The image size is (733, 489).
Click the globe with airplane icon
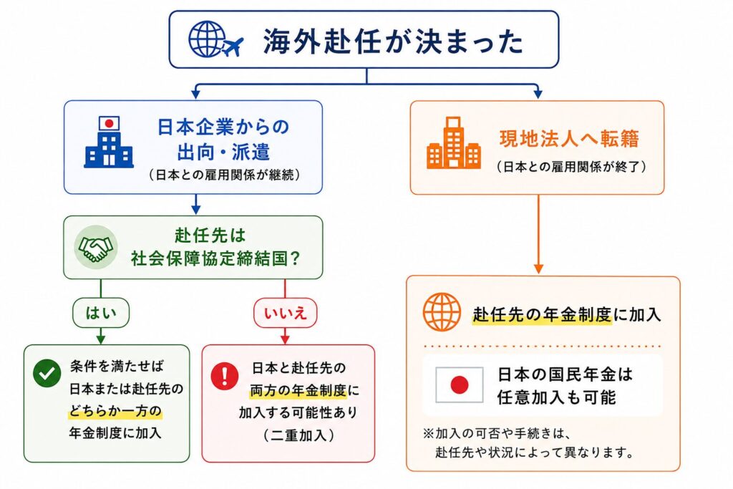tap(215, 39)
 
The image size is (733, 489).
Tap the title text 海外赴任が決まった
tap(393, 41)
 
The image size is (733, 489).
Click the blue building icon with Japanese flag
tap(109, 142)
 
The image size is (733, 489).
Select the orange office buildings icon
tap(453, 142)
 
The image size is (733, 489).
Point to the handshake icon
tap(96, 247)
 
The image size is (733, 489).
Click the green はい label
tap(101, 312)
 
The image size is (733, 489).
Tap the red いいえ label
tap(285, 312)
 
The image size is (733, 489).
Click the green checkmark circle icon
tap(47, 373)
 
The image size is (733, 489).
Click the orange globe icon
tap(442, 312)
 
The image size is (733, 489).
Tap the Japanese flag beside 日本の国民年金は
tap(459, 384)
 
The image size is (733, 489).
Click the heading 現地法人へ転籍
tap(569, 139)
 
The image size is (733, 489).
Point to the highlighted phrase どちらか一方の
tap(115, 411)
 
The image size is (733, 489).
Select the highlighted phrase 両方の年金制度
tap(298, 390)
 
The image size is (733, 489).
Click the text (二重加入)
tap(298, 435)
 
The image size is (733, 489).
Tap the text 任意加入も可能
tap(556, 397)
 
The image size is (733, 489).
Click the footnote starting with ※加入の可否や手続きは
tap(528, 442)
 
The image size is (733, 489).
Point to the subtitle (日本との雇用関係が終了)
tap(572, 166)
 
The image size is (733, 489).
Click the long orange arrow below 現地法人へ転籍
tap(538, 234)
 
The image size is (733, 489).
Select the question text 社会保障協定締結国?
tap(215, 258)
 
